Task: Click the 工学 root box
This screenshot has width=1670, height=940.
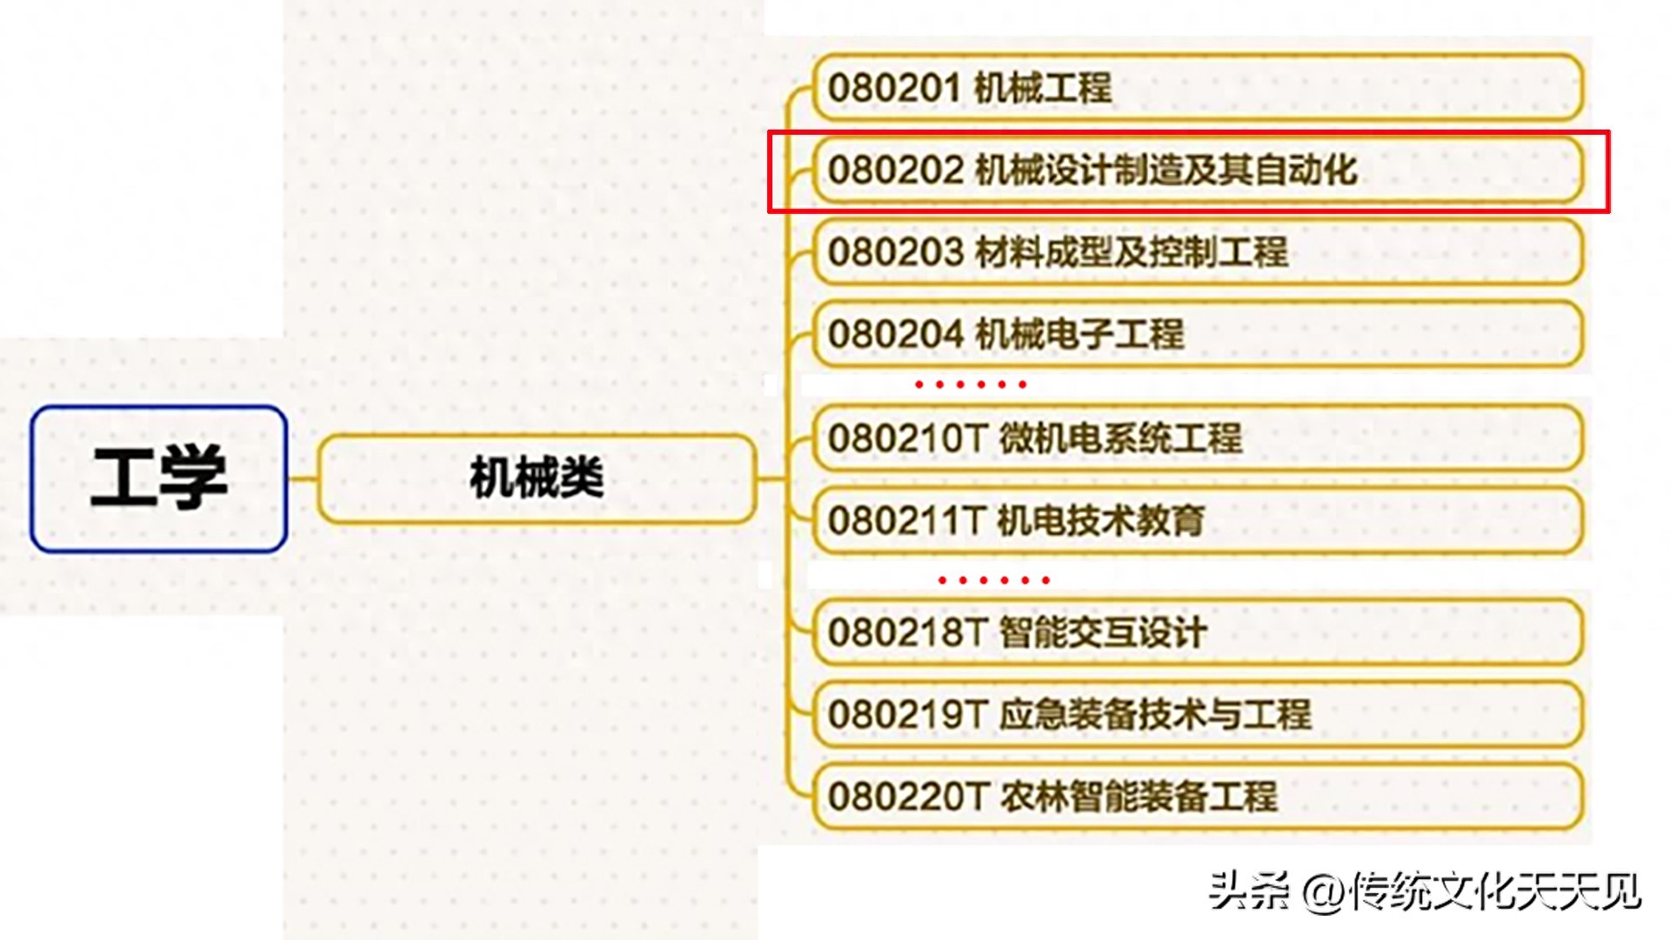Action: [x=159, y=478]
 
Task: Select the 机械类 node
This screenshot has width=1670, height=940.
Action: [x=536, y=478]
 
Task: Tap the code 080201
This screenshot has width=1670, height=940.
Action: [x=894, y=88]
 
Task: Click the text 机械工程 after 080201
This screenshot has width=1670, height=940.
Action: [x=1043, y=88]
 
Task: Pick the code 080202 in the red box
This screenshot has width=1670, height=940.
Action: [x=896, y=170]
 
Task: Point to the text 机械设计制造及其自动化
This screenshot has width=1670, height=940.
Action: [x=1166, y=170]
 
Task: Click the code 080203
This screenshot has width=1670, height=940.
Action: [x=896, y=252]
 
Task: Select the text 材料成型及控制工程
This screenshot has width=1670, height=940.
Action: [x=1131, y=252]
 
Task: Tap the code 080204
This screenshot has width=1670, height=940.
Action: [x=896, y=334]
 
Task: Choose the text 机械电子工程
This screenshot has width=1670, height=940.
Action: [x=1079, y=334]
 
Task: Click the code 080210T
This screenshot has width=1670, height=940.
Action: [x=906, y=438]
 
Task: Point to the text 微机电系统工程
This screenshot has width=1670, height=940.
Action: [x=1120, y=438]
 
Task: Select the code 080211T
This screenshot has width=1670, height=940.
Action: [x=905, y=521]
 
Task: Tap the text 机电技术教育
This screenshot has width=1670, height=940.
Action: [x=1100, y=521]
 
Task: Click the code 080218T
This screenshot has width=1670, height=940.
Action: [x=906, y=632]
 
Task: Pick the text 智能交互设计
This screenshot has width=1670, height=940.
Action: [x=1103, y=632]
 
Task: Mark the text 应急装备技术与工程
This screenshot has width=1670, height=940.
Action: [x=1155, y=714]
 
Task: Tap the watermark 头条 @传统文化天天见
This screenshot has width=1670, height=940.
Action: [x=1425, y=891]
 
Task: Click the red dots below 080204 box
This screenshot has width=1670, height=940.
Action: [x=971, y=383]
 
